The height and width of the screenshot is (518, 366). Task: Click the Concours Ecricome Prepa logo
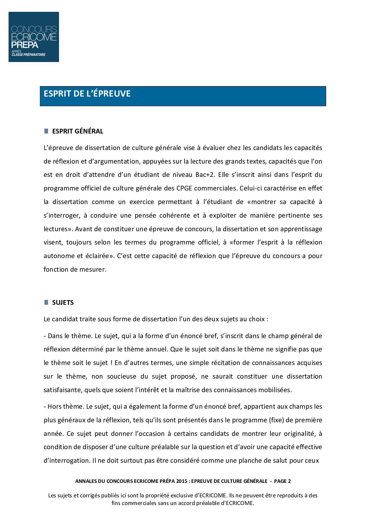[34, 37]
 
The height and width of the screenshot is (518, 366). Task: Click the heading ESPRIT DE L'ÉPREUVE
[87, 94]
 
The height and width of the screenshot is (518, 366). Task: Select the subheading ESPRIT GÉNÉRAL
[78, 131]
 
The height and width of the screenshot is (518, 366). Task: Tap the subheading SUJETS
[63, 303]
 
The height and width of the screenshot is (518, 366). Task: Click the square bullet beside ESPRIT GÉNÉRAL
[46, 131]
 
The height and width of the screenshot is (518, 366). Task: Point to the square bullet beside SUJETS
[46, 302]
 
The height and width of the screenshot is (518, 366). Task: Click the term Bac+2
[205, 175]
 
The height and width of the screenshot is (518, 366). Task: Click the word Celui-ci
[251, 188]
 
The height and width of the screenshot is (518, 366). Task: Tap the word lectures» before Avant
[58, 229]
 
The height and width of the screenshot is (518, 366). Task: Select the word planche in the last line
[250, 461]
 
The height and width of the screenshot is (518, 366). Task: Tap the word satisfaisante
[63, 390]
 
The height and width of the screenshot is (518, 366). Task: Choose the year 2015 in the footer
[182, 481]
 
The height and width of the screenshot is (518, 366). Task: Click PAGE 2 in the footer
[282, 481]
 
